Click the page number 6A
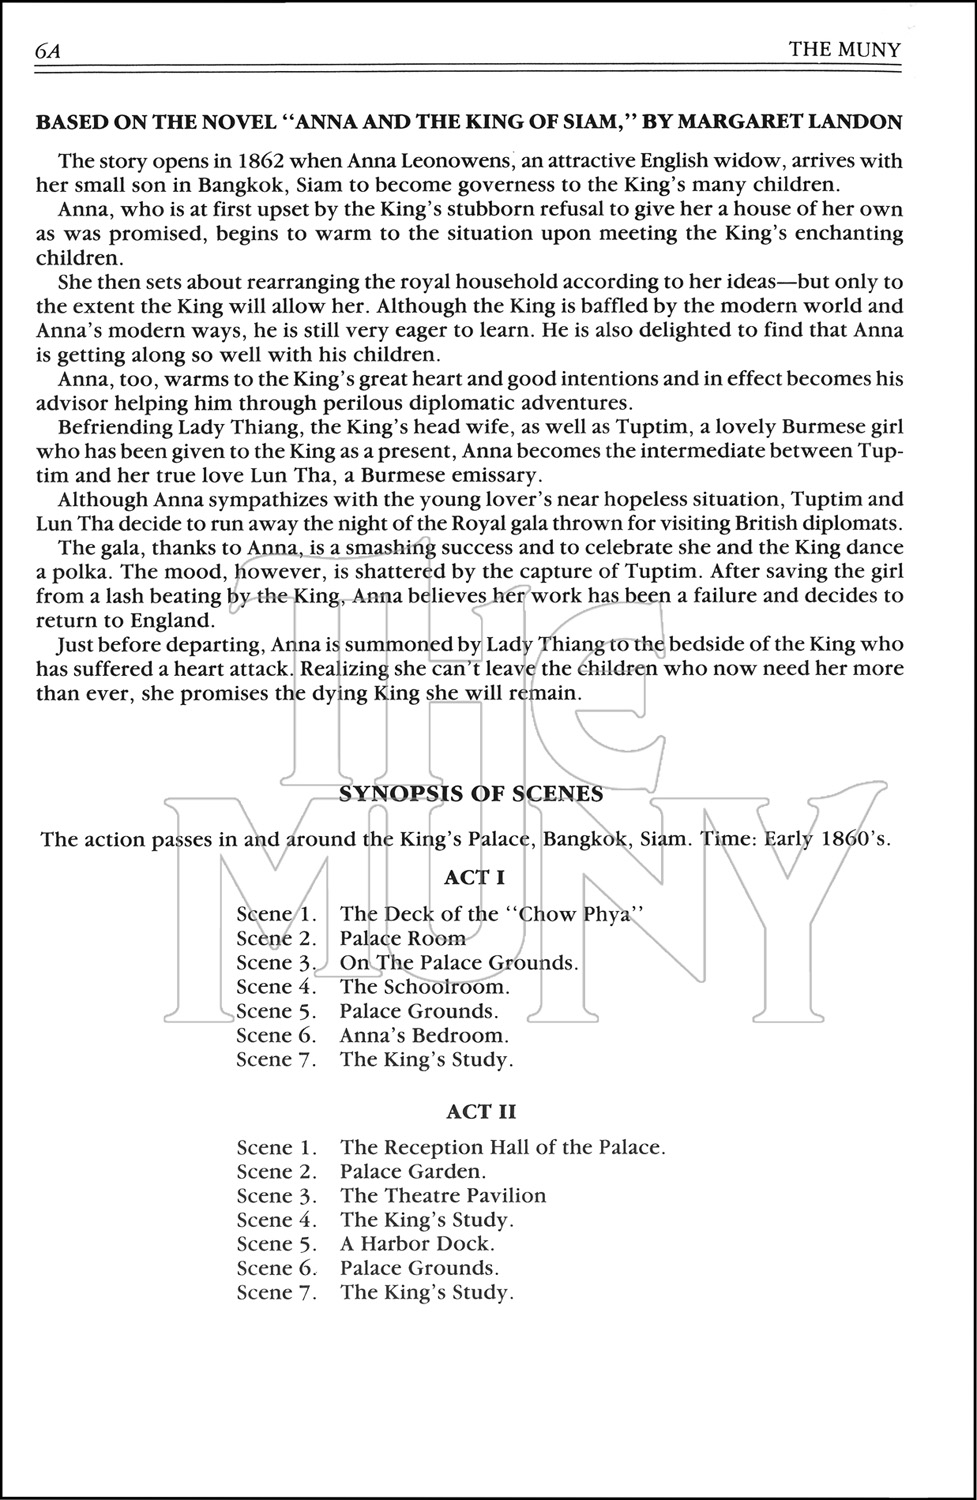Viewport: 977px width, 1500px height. (48, 50)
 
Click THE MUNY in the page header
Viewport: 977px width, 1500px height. (844, 49)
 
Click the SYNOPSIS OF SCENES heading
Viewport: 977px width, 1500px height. (471, 794)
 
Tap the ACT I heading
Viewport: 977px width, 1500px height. (474, 878)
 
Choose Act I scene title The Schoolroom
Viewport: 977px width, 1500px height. (425, 987)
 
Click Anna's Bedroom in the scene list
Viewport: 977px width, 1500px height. (424, 1035)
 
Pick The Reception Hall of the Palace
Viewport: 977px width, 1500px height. (502, 1148)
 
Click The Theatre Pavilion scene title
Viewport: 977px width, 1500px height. (443, 1196)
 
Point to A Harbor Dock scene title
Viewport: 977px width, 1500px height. (417, 1244)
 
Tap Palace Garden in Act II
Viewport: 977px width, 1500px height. (413, 1172)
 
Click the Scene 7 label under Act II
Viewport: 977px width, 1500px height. (276, 1292)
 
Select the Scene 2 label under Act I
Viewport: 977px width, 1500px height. (276, 938)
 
